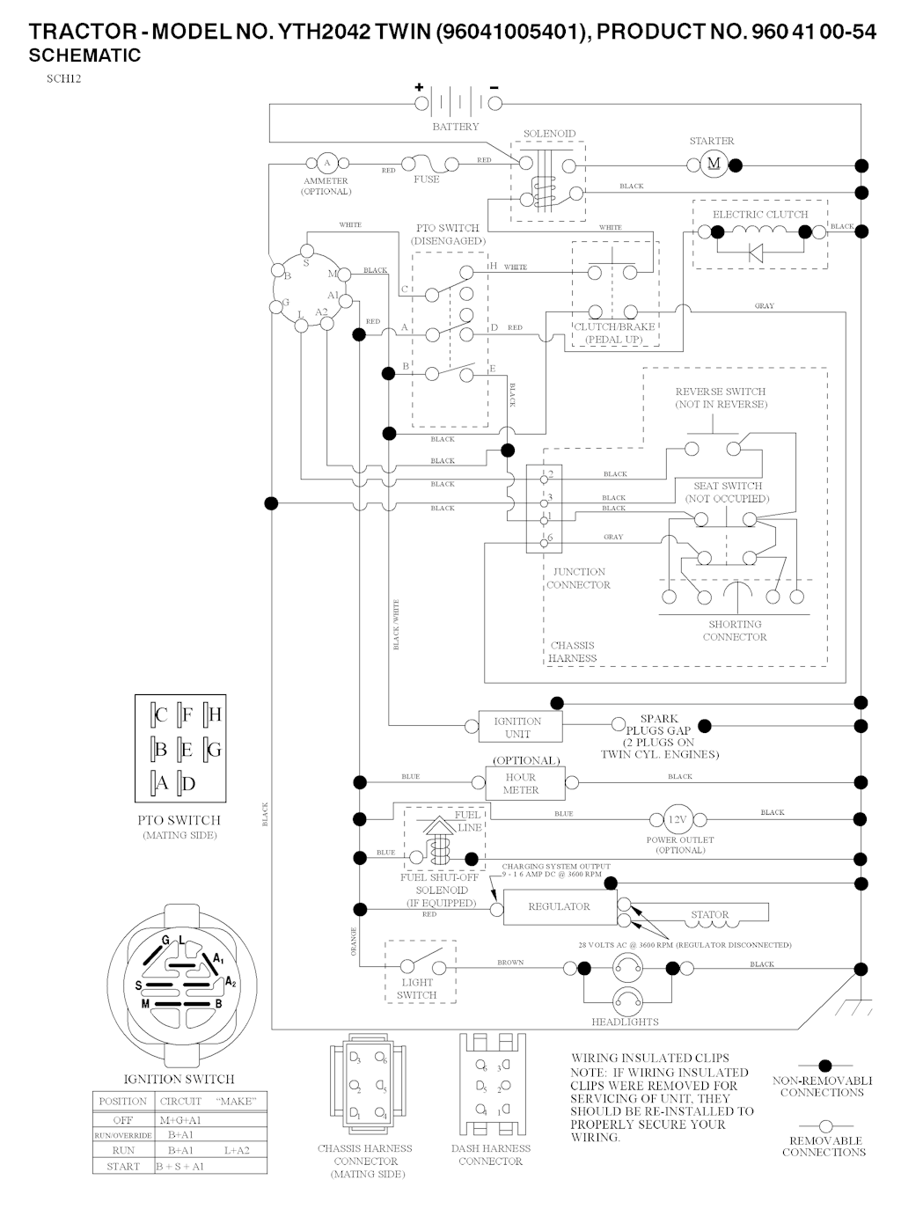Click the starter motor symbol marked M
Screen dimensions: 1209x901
(714, 164)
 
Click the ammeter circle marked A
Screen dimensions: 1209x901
(326, 163)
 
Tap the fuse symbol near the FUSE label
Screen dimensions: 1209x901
(428, 164)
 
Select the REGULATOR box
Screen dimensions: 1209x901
(559, 906)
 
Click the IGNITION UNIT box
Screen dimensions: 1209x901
(517, 727)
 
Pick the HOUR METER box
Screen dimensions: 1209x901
(520, 783)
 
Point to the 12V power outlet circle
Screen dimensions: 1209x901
(677, 820)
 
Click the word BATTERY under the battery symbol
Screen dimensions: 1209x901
(456, 127)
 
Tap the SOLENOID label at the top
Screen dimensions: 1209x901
(549, 134)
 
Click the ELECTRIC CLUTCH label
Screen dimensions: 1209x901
(760, 214)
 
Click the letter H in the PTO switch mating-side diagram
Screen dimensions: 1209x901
(215, 714)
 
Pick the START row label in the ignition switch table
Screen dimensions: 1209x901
(123, 1166)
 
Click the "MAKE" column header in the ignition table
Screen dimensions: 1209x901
(235, 1101)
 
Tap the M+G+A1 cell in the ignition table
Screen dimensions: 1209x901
(180, 1120)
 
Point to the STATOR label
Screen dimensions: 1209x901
(709, 914)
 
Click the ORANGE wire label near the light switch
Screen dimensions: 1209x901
(355, 942)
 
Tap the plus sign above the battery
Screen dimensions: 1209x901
(419, 87)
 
